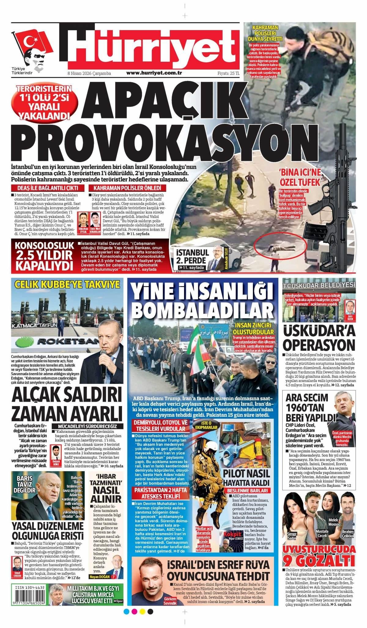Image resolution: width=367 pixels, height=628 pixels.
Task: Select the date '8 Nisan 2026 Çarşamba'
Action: click(89, 74)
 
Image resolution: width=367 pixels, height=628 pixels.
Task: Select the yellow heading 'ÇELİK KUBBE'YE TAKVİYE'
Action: click(67, 284)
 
